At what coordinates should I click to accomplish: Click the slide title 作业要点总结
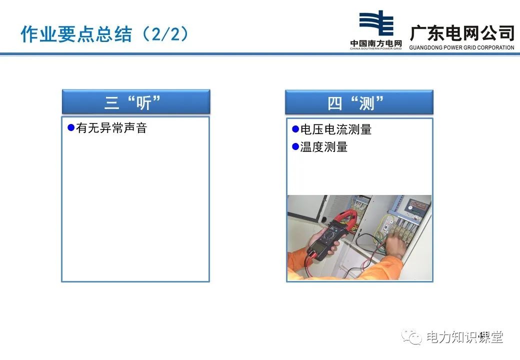coord(76,34)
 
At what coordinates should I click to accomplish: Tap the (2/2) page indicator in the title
coord(165,34)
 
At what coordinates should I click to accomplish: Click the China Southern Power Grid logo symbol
coord(376,23)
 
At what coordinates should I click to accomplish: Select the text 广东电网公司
coord(462,33)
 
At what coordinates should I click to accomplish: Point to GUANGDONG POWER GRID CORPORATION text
coord(461,47)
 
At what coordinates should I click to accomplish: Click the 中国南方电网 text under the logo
coord(376,43)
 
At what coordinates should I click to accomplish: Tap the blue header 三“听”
coord(136,102)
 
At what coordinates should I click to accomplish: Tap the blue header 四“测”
coord(359,102)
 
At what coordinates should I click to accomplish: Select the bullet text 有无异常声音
coord(111,128)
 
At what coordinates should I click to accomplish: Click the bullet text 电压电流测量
coord(335,129)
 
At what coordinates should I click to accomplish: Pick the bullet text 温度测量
coord(323,147)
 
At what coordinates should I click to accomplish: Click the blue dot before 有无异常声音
coord(71,127)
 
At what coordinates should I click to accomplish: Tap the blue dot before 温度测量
coord(295,146)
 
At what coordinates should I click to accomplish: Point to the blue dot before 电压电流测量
coord(295,129)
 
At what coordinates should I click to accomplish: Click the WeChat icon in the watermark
coord(411,337)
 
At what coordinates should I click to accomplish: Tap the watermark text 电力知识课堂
coord(464,337)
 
